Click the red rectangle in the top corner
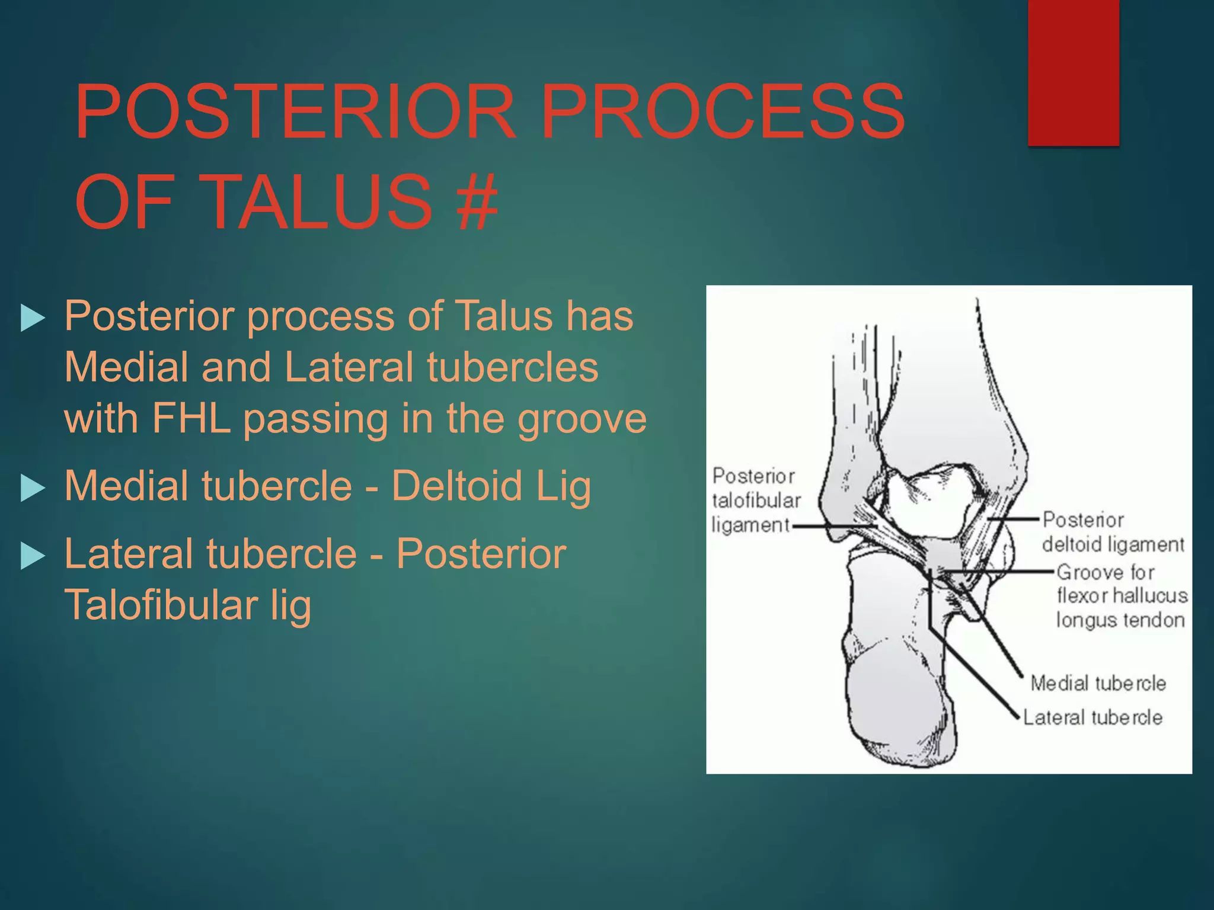click(1073, 71)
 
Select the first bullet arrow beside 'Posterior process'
click(33, 318)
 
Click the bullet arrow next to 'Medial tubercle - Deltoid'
click(33, 488)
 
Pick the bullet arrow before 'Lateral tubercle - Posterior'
click(33, 556)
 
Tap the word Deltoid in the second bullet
click(456, 486)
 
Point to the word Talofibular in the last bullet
click(160, 605)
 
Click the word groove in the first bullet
click(582, 419)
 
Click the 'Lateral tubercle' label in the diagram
click(1092, 717)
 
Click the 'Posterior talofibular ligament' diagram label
click(755, 501)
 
